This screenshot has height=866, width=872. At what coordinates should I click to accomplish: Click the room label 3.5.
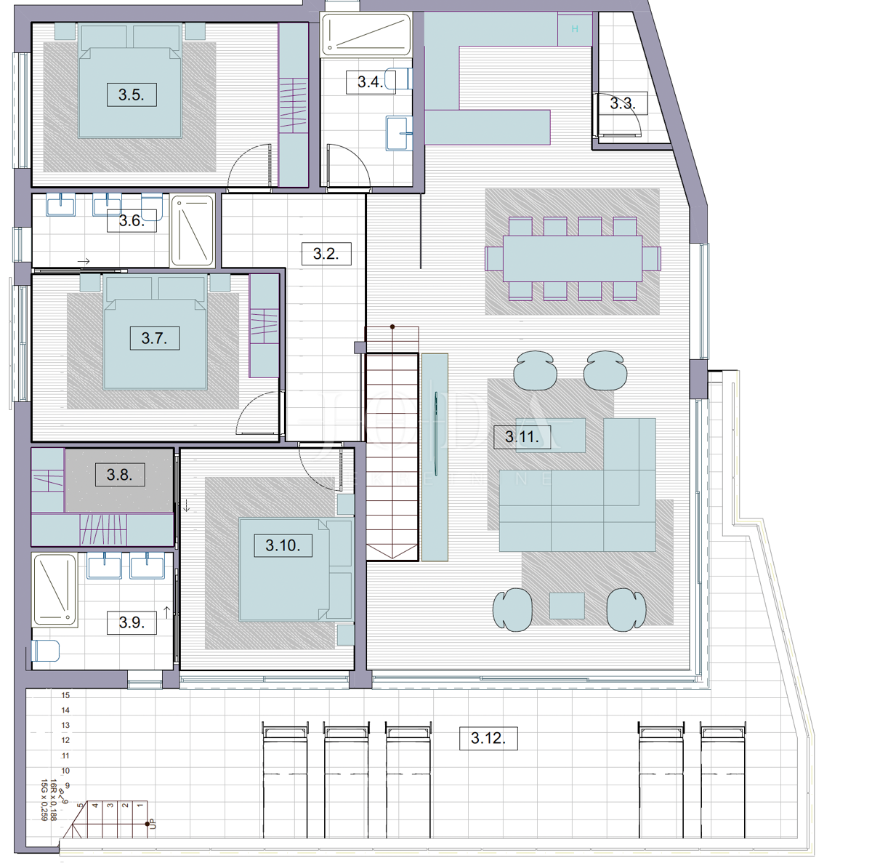tap(132, 95)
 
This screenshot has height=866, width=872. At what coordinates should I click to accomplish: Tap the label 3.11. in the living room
tap(522, 437)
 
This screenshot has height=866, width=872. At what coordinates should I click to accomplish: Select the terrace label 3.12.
tap(488, 738)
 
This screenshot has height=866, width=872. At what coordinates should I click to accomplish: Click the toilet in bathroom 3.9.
tap(45, 650)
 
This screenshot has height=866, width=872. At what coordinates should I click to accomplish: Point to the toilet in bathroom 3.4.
tap(399, 79)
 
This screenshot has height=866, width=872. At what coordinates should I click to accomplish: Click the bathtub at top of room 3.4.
tap(366, 34)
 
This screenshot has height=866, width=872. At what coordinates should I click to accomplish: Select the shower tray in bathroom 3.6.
tap(193, 230)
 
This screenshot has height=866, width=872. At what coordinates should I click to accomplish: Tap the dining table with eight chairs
tap(573, 258)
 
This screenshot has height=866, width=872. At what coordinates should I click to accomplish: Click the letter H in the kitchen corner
tap(575, 29)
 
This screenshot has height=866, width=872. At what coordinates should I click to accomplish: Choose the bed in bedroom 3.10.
tap(287, 569)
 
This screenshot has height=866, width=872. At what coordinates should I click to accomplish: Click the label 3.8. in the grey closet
tap(119, 475)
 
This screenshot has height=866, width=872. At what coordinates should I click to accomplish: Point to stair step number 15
tap(65, 695)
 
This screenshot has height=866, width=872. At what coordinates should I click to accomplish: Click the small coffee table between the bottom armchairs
tap(567, 606)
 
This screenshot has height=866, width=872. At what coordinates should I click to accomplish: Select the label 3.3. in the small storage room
tap(622, 103)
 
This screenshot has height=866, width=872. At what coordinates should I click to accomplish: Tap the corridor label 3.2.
tap(326, 254)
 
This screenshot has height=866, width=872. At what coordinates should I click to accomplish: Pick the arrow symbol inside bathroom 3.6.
tap(84, 261)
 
